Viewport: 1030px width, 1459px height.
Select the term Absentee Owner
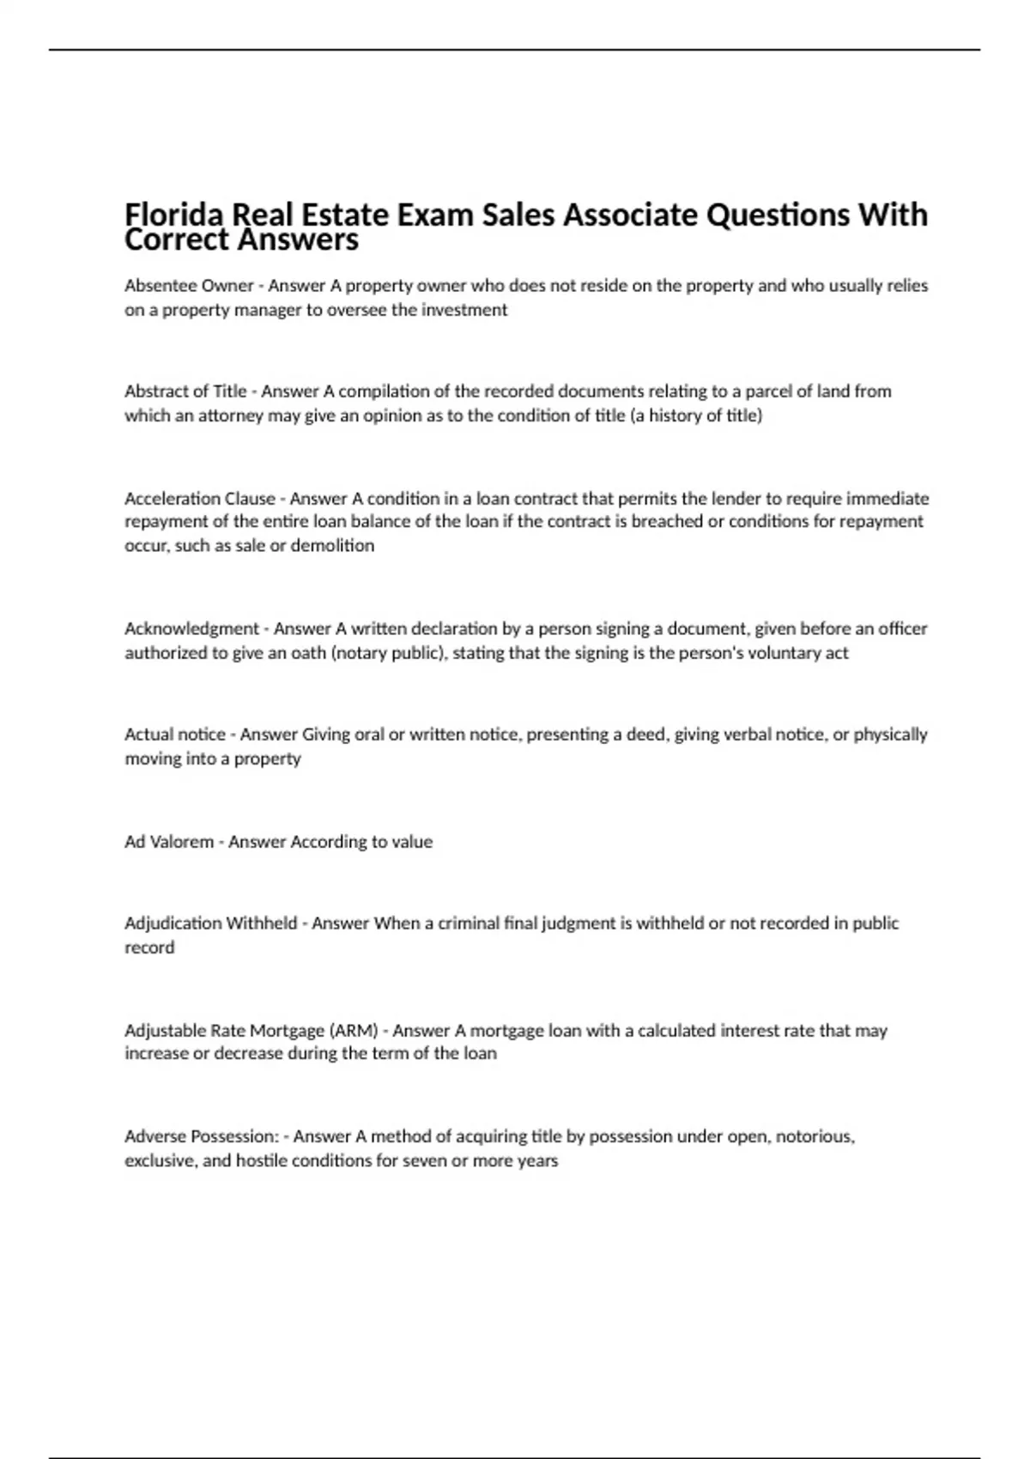click(x=189, y=286)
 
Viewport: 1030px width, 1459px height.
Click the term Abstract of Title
click(x=185, y=391)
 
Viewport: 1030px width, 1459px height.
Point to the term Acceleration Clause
click(x=200, y=499)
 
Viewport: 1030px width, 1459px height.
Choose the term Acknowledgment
click(x=191, y=628)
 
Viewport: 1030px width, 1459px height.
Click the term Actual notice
click(x=175, y=735)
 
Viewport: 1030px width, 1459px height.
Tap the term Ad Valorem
click(x=169, y=842)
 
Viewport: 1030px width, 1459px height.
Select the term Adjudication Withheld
click(x=210, y=923)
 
